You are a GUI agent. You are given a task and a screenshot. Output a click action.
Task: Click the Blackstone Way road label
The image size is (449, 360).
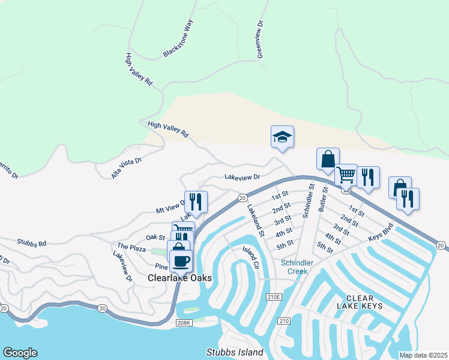tap(179, 39)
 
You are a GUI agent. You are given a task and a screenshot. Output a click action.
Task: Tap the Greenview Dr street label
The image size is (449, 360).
tap(261, 39)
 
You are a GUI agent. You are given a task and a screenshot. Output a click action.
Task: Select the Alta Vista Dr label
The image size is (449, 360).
tap(127, 169)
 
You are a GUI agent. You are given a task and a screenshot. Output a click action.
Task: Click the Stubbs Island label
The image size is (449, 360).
tap(234, 352)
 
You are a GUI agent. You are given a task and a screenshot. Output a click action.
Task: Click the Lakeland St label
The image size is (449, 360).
tap(256, 220)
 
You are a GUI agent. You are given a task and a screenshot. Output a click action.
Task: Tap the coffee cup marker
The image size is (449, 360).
tap(181, 261)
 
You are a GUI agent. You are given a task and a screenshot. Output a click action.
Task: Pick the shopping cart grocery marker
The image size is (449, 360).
tap(346, 175)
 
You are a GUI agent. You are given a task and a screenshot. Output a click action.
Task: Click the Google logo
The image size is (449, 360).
tap(20, 353)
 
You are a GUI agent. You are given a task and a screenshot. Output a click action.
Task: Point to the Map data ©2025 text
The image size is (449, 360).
tap(423, 355)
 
